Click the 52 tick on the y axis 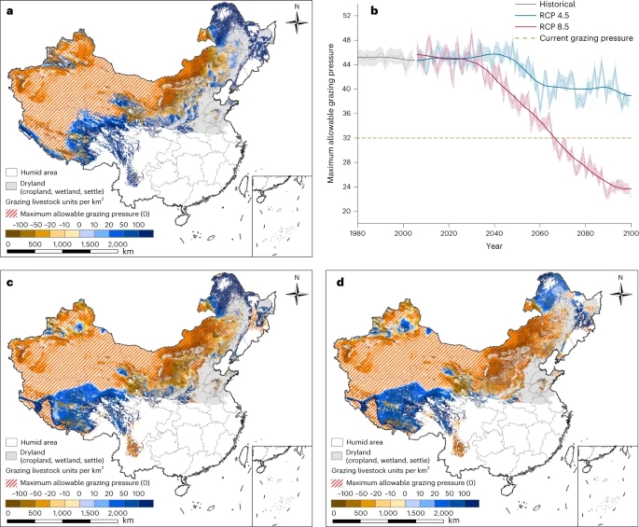pos(346,16)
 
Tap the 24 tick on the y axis pos(346,187)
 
